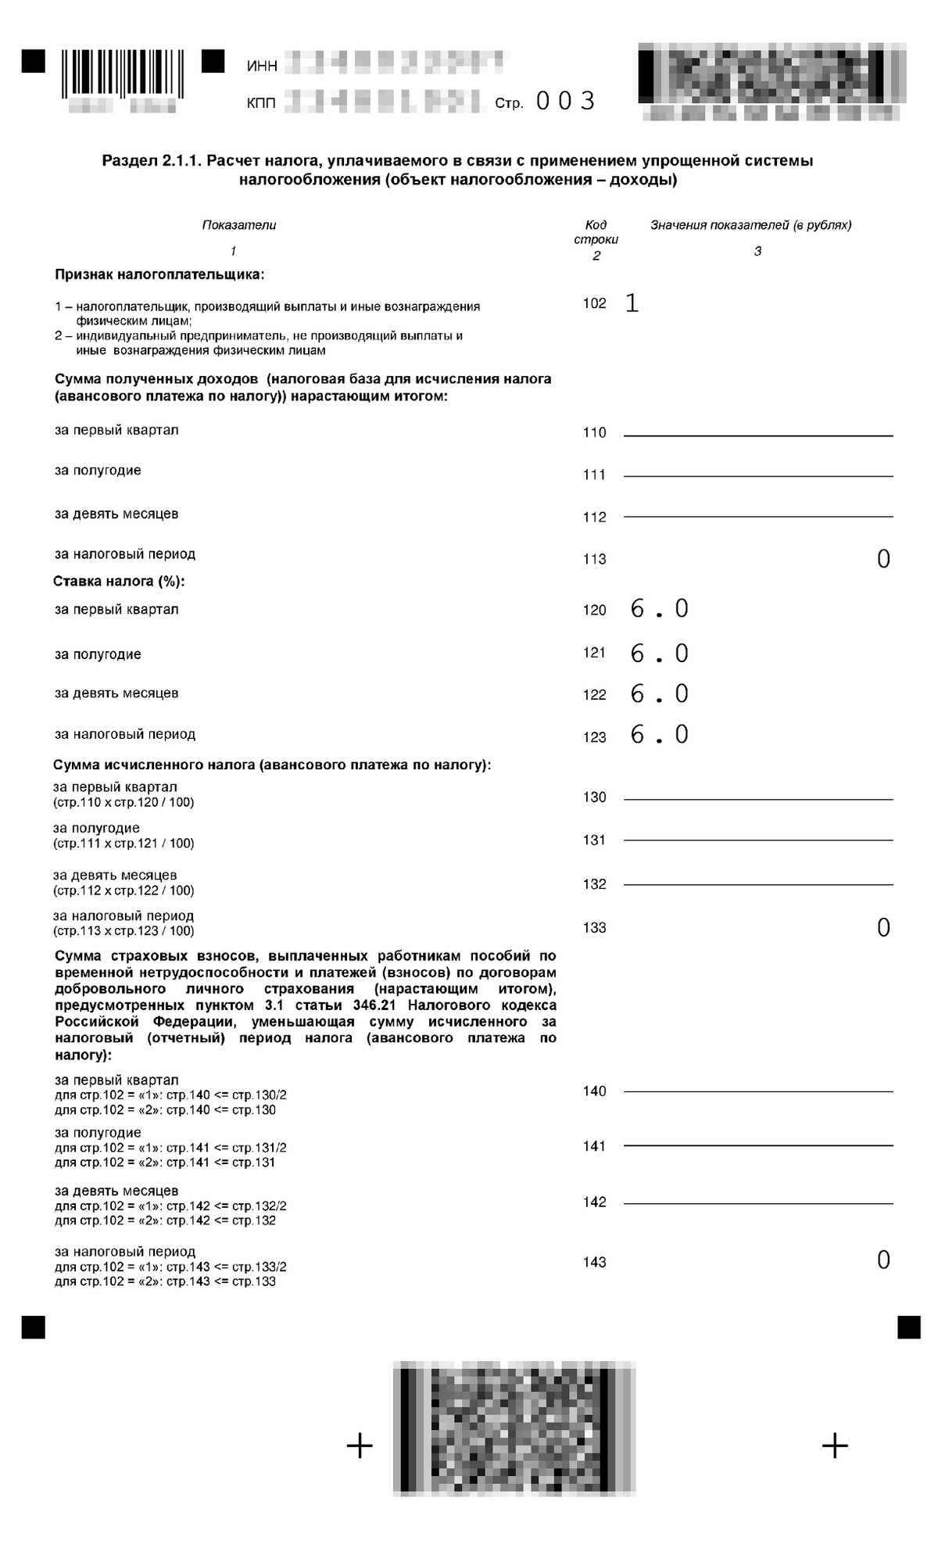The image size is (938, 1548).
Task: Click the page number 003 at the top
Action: pyautogui.click(x=565, y=101)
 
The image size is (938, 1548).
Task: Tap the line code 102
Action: pyautogui.click(x=594, y=303)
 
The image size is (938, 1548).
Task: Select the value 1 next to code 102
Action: pyautogui.click(x=632, y=303)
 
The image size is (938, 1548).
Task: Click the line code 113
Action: pyautogui.click(x=594, y=559)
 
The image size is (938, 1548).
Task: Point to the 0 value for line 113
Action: pyautogui.click(x=883, y=559)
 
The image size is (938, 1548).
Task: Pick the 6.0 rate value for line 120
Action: pyautogui.click(x=659, y=609)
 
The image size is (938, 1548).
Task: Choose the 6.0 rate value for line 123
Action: pyautogui.click(x=659, y=735)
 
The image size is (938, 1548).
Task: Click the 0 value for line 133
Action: pyautogui.click(x=883, y=928)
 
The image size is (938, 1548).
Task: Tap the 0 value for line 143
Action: pyautogui.click(x=883, y=1260)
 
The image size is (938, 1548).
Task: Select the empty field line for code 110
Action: pyautogui.click(x=757, y=434)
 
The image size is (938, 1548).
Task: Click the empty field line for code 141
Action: pyautogui.click(x=757, y=1145)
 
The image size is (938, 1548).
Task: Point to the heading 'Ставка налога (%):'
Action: pyautogui.click(x=119, y=582)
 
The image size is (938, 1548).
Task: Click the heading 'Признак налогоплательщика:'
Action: pyautogui.click(x=159, y=274)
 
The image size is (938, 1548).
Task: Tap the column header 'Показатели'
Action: pyautogui.click(x=239, y=225)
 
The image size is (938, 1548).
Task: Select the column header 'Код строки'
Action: pyautogui.click(x=596, y=232)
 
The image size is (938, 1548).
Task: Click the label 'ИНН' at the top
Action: pyautogui.click(x=262, y=66)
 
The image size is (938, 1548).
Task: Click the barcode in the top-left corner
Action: pyautogui.click(x=123, y=73)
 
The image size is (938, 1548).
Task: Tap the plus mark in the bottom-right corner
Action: pyautogui.click(x=835, y=1445)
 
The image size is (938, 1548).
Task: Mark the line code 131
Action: pyautogui.click(x=594, y=840)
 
